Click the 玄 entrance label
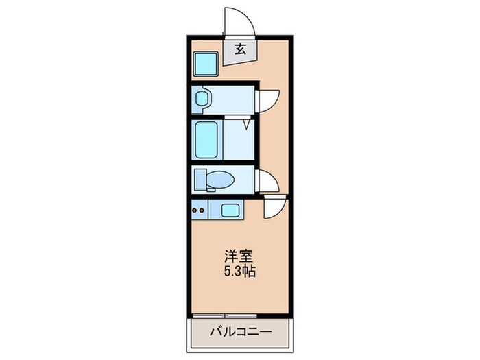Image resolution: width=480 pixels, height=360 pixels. pos(241,49)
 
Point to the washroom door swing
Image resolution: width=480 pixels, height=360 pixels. pos(267,100)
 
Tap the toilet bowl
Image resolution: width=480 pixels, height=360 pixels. pos(221,180)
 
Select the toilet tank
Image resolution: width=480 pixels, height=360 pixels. pos(200,180)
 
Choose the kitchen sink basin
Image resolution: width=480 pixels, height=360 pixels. pos(230,210)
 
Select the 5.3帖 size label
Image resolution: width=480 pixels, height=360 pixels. pos(239,272)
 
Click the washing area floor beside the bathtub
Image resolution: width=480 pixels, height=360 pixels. pos(237,144)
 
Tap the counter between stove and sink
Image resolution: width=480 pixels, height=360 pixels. pos(213,210)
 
